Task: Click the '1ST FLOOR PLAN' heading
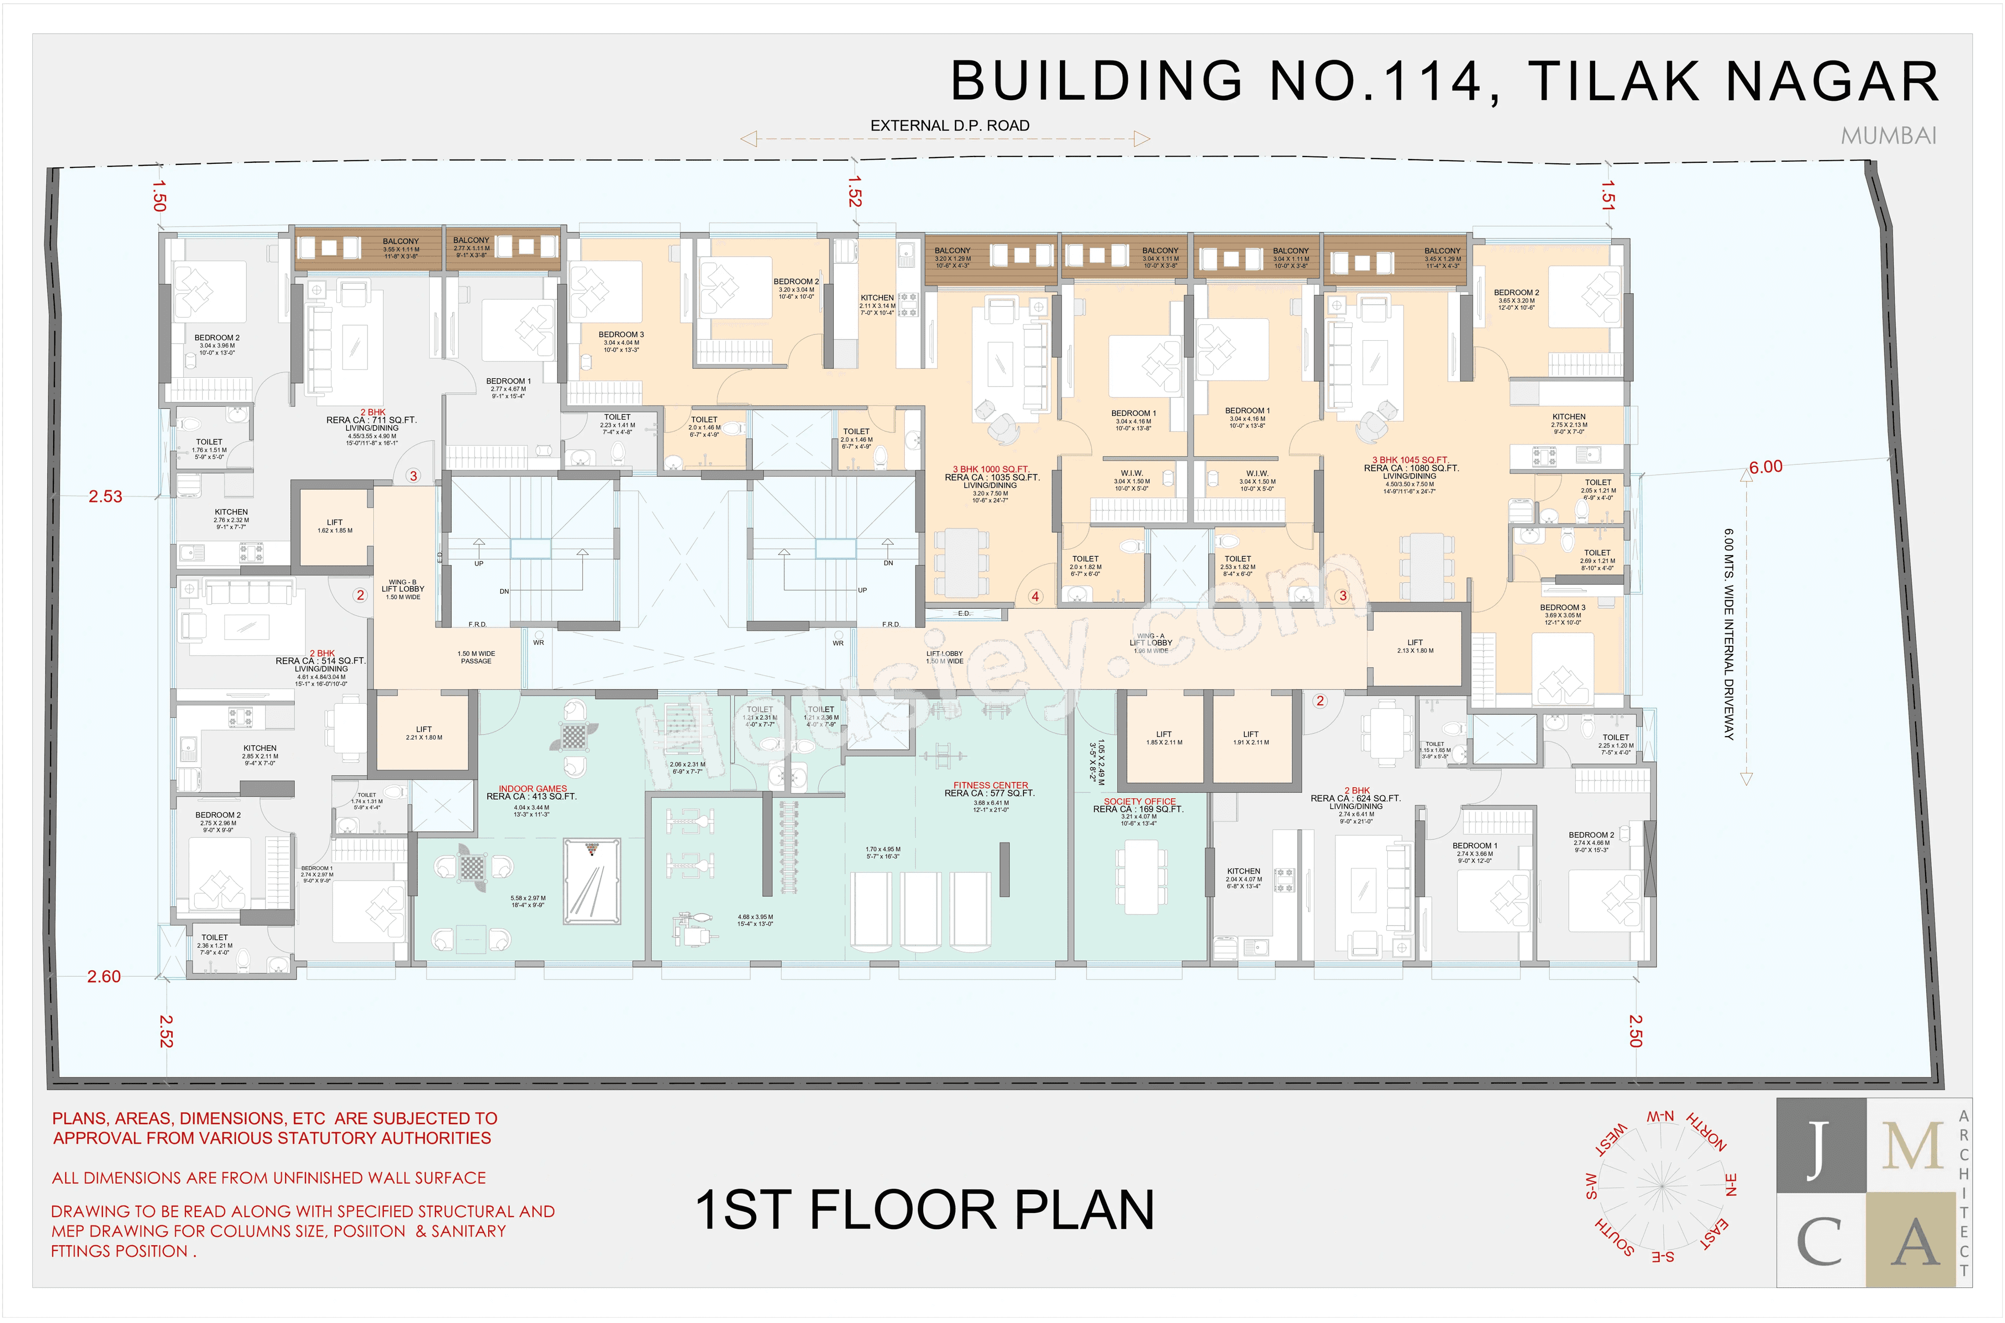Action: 924,1210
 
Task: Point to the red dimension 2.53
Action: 105,496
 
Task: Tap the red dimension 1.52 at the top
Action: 854,191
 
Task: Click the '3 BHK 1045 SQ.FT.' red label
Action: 1409,460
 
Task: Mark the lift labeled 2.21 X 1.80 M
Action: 424,732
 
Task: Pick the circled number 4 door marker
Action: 1035,596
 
